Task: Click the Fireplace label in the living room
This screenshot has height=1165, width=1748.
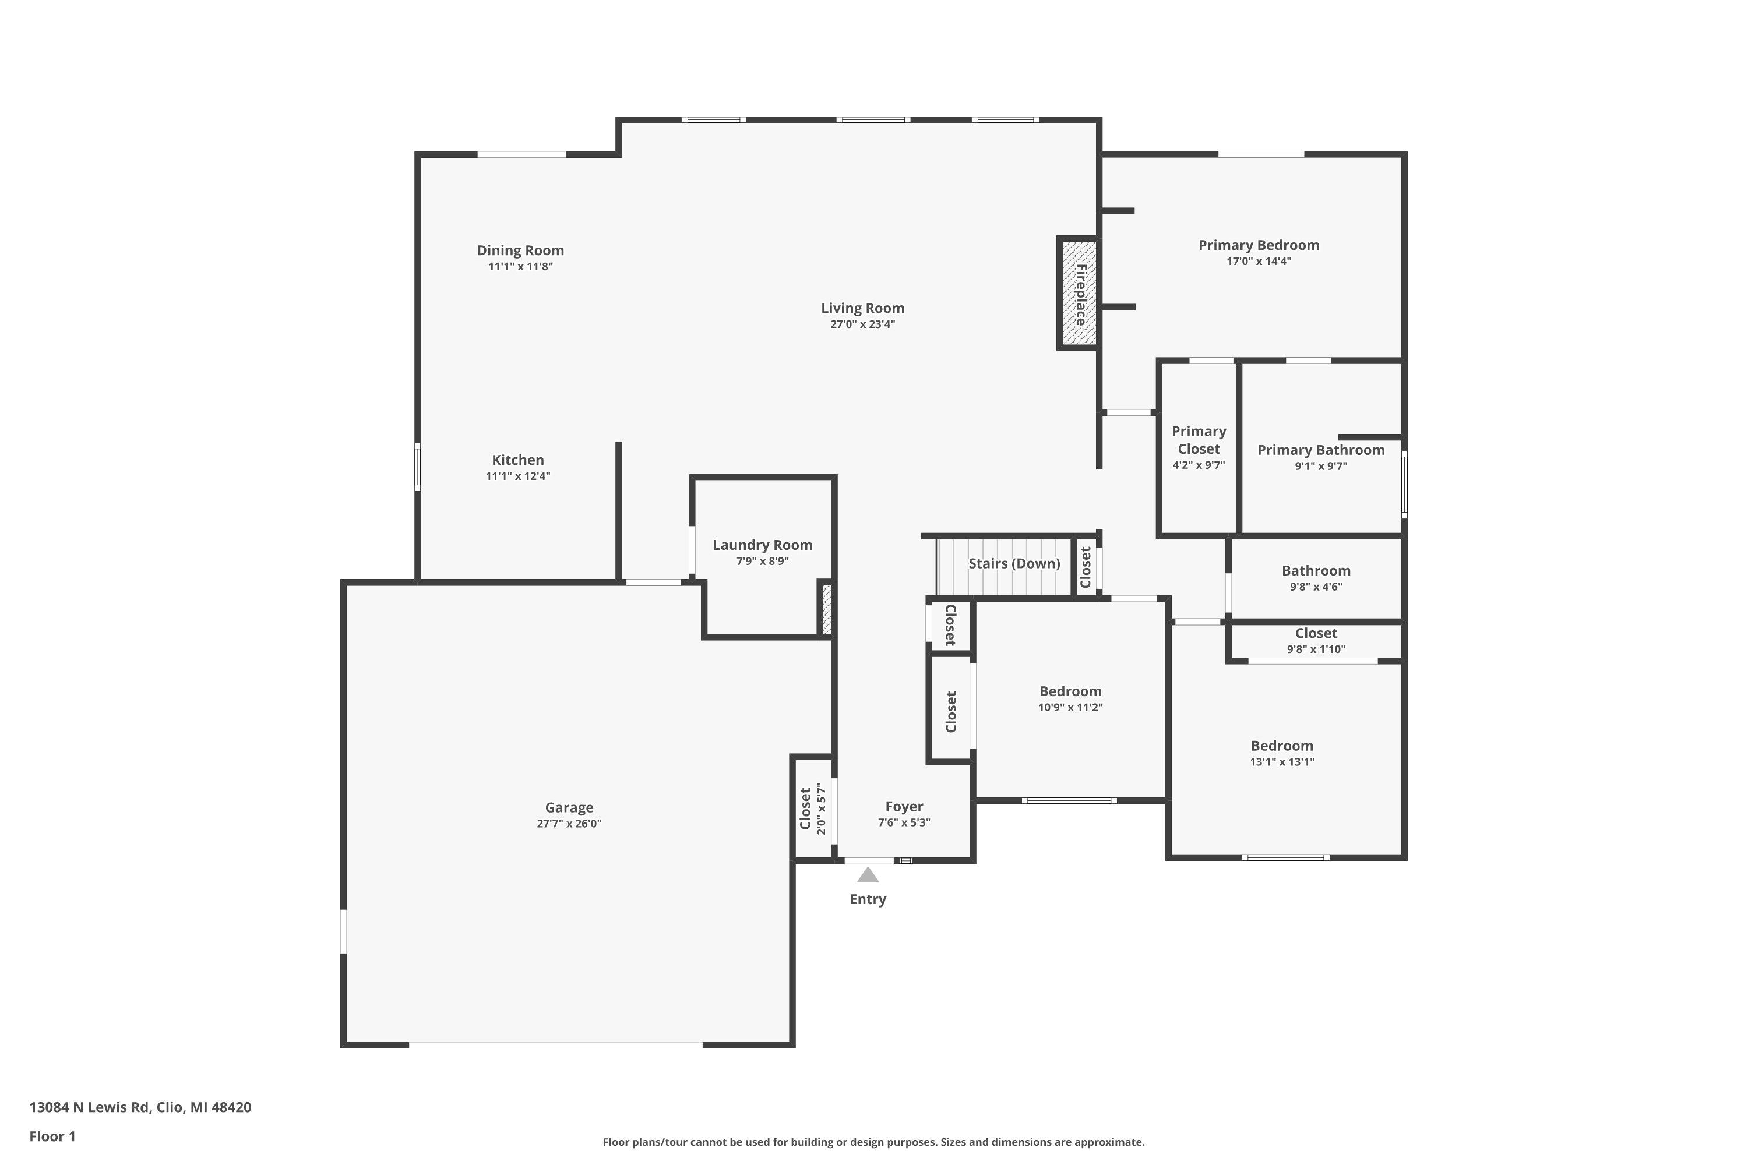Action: (1081, 294)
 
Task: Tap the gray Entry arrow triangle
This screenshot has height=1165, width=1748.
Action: (868, 875)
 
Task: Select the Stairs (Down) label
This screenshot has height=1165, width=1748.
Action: (1014, 563)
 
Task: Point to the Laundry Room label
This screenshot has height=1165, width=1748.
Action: (763, 545)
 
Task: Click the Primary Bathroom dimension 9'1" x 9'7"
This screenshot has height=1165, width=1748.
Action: (1321, 466)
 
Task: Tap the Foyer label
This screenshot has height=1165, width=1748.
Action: (904, 806)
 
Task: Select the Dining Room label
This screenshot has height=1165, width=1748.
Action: (520, 250)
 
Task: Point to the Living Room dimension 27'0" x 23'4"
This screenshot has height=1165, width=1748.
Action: (862, 324)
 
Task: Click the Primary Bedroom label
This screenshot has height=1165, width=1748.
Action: (1259, 245)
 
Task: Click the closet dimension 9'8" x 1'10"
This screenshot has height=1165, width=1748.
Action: (1316, 649)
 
